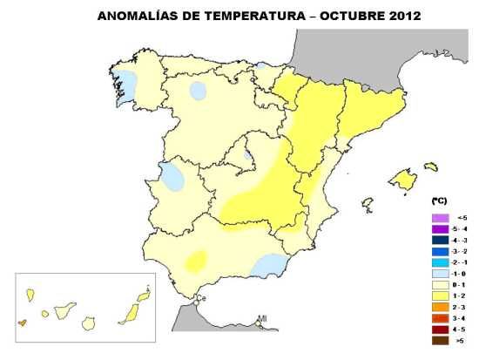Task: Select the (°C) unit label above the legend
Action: (438, 200)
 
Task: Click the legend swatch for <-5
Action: (440, 217)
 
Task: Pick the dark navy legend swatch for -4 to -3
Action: (440, 239)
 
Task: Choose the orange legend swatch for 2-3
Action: (440, 307)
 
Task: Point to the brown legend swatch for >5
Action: (440, 341)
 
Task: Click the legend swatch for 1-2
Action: (440, 295)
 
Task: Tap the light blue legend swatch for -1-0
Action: (440, 273)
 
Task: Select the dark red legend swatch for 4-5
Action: (440, 329)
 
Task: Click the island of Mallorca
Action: (402, 180)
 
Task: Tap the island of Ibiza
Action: (368, 203)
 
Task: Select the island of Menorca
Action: (430, 166)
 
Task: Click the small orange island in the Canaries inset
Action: (22, 322)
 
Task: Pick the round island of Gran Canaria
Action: (88, 322)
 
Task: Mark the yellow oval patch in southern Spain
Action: (196, 260)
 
